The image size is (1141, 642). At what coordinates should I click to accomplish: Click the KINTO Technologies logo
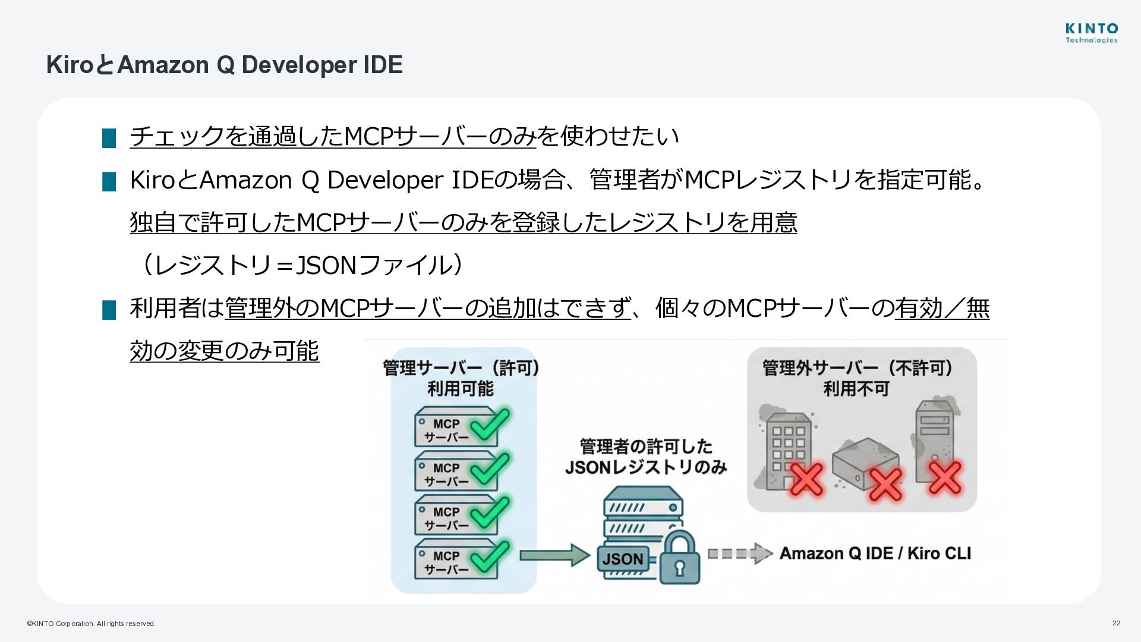(x=1091, y=33)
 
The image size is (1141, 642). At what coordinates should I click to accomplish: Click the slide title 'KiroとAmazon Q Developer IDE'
(x=225, y=65)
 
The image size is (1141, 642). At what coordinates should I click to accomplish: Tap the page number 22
(x=1116, y=623)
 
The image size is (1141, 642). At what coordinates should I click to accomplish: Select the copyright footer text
(x=91, y=624)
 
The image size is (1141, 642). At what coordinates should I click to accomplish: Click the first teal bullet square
(x=109, y=138)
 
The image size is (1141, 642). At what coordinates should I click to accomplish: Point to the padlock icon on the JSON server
(x=679, y=558)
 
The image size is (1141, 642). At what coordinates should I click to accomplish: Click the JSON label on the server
(x=622, y=559)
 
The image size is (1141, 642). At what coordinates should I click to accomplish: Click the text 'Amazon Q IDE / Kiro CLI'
(x=875, y=553)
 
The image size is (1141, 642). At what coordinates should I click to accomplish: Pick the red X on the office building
(x=806, y=479)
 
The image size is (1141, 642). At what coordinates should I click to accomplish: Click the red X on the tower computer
(x=945, y=477)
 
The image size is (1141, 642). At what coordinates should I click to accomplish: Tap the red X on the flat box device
(x=885, y=484)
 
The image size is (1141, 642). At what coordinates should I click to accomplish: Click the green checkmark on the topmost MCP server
(x=490, y=424)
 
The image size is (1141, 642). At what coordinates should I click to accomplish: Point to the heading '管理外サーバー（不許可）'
(x=858, y=368)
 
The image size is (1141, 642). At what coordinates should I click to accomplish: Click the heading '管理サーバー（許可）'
(x=461, y=368)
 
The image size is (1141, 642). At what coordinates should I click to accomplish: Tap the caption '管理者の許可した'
(x=645, y=446)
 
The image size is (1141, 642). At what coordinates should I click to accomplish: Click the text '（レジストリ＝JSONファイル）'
(x=299, y=265)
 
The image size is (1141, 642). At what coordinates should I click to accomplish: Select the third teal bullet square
(x=109, y=310)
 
